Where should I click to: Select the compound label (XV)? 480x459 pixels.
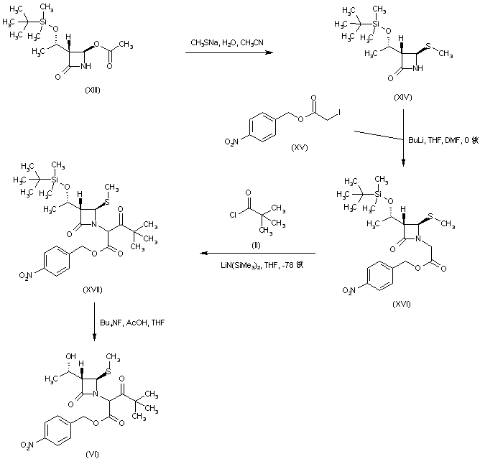click(x=299, y=147)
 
